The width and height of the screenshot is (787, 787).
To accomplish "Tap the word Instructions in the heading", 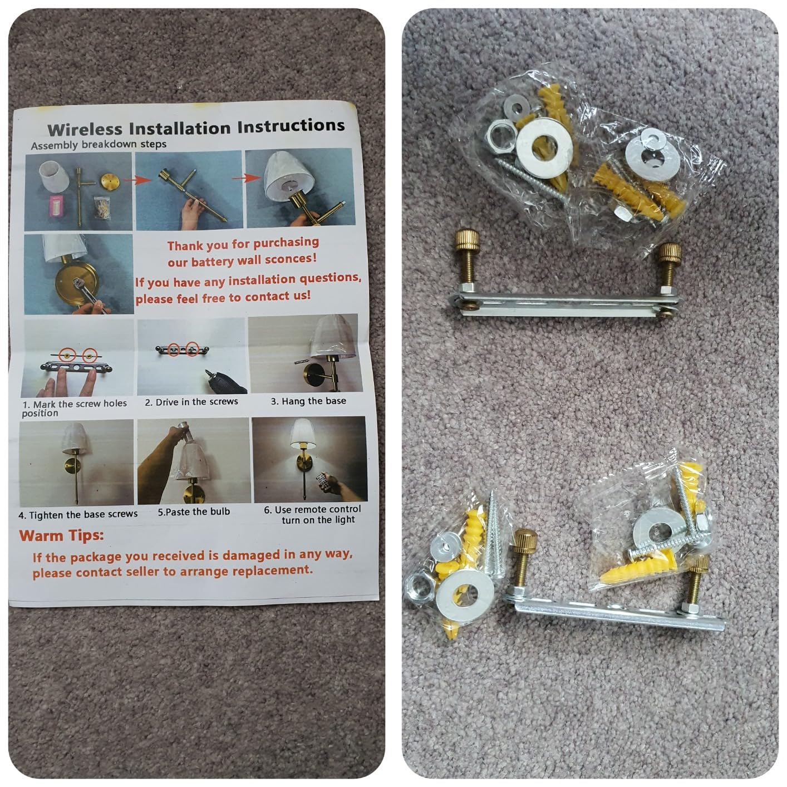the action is [x=291, y=126].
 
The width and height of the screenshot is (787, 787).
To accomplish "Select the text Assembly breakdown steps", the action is [x=99, y=145].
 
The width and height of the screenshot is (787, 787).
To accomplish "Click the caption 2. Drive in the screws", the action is [x=191, y=402].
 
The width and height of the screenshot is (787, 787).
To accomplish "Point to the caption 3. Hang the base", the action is [x=308, y=401].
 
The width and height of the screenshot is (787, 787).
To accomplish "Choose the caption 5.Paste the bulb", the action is [x=194, y=511].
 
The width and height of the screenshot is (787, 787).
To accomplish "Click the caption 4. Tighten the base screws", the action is [x=78, y=515].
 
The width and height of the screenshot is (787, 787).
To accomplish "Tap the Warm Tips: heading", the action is [x=61, y=535].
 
